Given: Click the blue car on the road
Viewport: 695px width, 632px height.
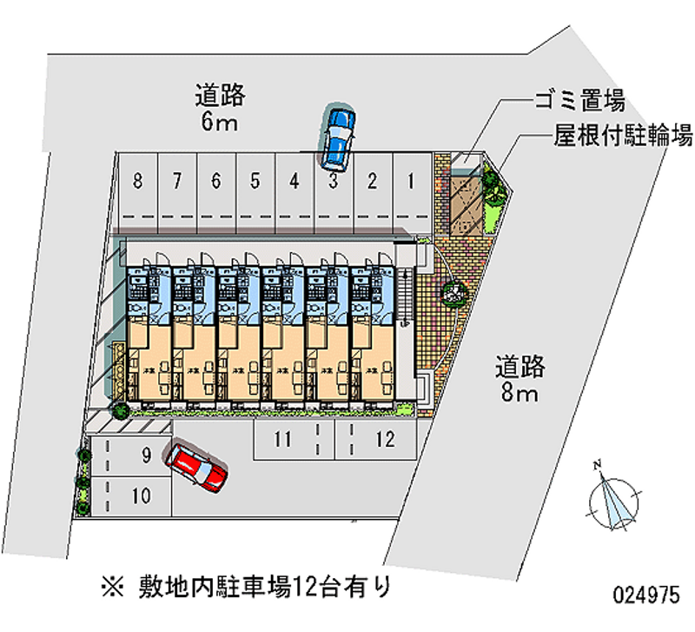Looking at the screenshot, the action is [336, 136].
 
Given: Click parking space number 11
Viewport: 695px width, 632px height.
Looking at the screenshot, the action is [281, 439].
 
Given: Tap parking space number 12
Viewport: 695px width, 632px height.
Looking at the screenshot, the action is [385, 439].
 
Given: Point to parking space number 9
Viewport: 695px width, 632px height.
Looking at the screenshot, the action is [146, 453].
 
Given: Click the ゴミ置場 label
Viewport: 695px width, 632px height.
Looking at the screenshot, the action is [579, 102].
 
